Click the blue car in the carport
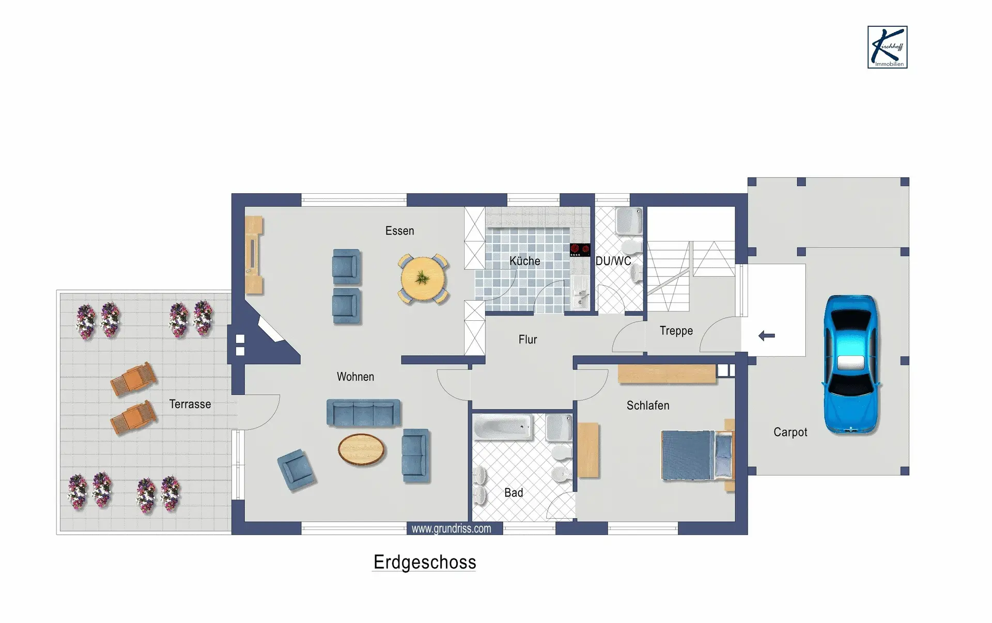click(851, 364)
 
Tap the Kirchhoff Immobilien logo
click(887, 47)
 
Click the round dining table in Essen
click(423, 279)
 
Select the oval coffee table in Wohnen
click(362, 449)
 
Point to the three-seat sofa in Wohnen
click(364, 413)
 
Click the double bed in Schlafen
click(698, 455)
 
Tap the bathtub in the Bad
click(503, 427)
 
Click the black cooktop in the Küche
click(580, 250)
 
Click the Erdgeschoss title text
click(425, 562)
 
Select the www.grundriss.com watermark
click(451, 528)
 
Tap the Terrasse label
click(190, 404)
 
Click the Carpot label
click(790, 432)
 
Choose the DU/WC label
click(613, 261)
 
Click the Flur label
click(528, 339)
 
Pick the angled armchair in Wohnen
click(296, 470)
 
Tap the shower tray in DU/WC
click(629, 221)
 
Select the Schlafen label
click(648, 406)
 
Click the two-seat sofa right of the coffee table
click(416, 456)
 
